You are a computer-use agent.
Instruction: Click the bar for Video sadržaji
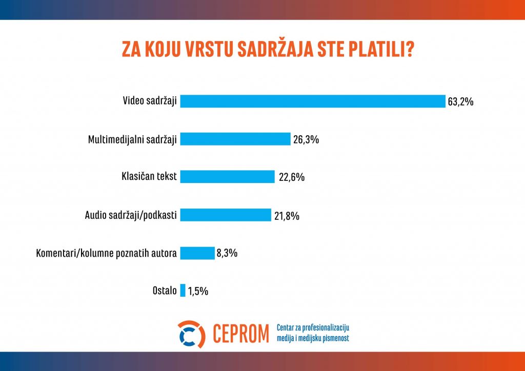pos(313,101)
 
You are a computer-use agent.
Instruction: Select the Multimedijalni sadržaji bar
pos(235,139)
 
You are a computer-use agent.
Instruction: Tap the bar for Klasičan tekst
pos(227,177)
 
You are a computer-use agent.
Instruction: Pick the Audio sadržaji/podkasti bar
pos(226,215)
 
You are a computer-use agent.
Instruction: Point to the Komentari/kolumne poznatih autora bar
pos(197,253)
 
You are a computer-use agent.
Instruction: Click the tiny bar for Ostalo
pos(183,291)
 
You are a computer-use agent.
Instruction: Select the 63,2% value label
pos(461,101)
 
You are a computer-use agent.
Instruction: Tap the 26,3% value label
pos(306,139)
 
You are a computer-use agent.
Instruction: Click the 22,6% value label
pos(292,177)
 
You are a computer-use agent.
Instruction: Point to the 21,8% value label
pos(287,216)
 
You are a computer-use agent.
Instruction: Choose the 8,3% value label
pos(227,253)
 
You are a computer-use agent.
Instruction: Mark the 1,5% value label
pos(198,292)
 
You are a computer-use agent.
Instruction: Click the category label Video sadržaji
pos(150,101)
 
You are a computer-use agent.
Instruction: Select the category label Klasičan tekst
pos(149,176)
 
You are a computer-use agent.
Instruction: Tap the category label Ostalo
pos(165,291)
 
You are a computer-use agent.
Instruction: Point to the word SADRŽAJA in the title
pos(275,48)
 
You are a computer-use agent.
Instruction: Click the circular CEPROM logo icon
pos(191,334)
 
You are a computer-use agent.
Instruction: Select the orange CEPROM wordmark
pos(241,334)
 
